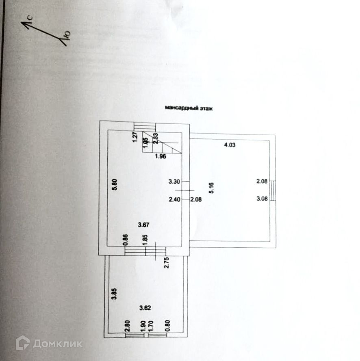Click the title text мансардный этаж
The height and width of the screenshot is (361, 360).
(x=189, y=108)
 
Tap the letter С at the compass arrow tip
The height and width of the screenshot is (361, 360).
(x=30, y=18)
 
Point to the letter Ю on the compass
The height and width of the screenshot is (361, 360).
(x=68, y=35)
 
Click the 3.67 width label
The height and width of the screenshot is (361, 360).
(x=144, y=224)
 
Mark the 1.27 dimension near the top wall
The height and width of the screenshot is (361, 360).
(x=135, y=138)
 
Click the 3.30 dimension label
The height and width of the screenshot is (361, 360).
(x=174, y=182)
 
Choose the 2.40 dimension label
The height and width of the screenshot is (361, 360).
(x=174, y=199)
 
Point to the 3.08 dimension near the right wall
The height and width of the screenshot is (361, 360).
(x=262, y=199)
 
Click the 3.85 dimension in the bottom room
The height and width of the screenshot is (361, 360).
(x=115, y=293)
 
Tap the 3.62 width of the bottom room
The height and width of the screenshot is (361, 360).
(x=145, y=307)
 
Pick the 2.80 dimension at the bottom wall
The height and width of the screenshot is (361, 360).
(x=127, y=325)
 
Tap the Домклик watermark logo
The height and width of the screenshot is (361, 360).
(x=49, y=344)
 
